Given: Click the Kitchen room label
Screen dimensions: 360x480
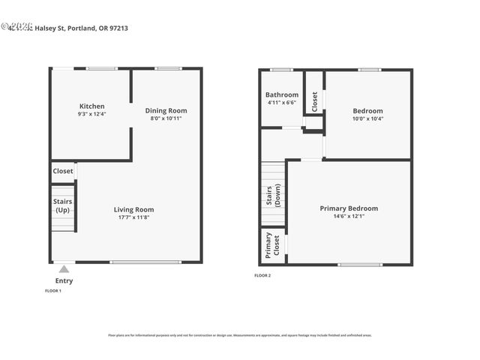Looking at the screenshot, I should [x=91, y=106].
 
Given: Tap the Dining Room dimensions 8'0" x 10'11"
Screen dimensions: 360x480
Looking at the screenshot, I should [x=166, y=118].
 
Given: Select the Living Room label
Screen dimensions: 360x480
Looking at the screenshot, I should [x=133, y=209].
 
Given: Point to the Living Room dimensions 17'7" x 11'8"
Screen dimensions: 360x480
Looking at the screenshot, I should [x=133, y=217].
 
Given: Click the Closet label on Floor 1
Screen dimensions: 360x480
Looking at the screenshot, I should [x=63, y=171].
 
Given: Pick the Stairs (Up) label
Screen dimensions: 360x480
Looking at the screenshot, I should [x=62, y=205].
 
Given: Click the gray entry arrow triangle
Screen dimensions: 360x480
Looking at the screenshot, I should [x=64, y=268].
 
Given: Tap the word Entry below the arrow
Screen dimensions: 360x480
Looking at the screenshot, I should [x=64, y=280].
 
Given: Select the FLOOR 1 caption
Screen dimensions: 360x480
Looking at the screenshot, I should [x=53, y=290].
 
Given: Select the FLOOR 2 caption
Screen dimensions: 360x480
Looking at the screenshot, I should [x=262, y=276].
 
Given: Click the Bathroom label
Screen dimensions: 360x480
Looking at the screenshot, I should [x=282, y=95].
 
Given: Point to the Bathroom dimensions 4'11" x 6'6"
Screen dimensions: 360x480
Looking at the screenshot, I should [x=282, y=103].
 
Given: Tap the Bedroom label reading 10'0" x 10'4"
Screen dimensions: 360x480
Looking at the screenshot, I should [x=367, y=111].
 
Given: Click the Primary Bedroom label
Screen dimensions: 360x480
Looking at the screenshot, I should [x=349, y=208].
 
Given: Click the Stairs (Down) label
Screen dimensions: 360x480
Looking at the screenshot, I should [x=273, y=195].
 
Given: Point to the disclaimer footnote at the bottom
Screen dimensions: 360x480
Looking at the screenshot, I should [x=239, y=335].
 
